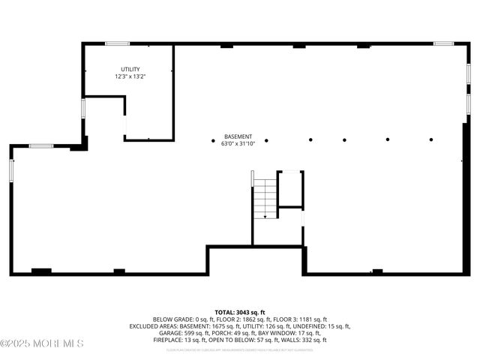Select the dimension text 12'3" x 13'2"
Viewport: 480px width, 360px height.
[x=130, y=76]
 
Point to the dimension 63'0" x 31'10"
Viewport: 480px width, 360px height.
[x=238, y=144]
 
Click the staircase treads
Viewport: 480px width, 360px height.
[x=264, y=200]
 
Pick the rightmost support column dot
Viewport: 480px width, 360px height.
[x=431, y=139]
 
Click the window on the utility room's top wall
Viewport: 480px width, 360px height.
[x=117, y=43]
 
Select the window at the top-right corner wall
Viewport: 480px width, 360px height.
[x=443, y=43]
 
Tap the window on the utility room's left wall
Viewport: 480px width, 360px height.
[x=83, y=108]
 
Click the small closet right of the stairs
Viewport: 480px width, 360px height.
[x=290, y=190]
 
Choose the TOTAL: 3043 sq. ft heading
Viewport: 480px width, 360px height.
[x=239, y=312]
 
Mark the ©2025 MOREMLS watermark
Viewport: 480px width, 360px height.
[x=42, y=343]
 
